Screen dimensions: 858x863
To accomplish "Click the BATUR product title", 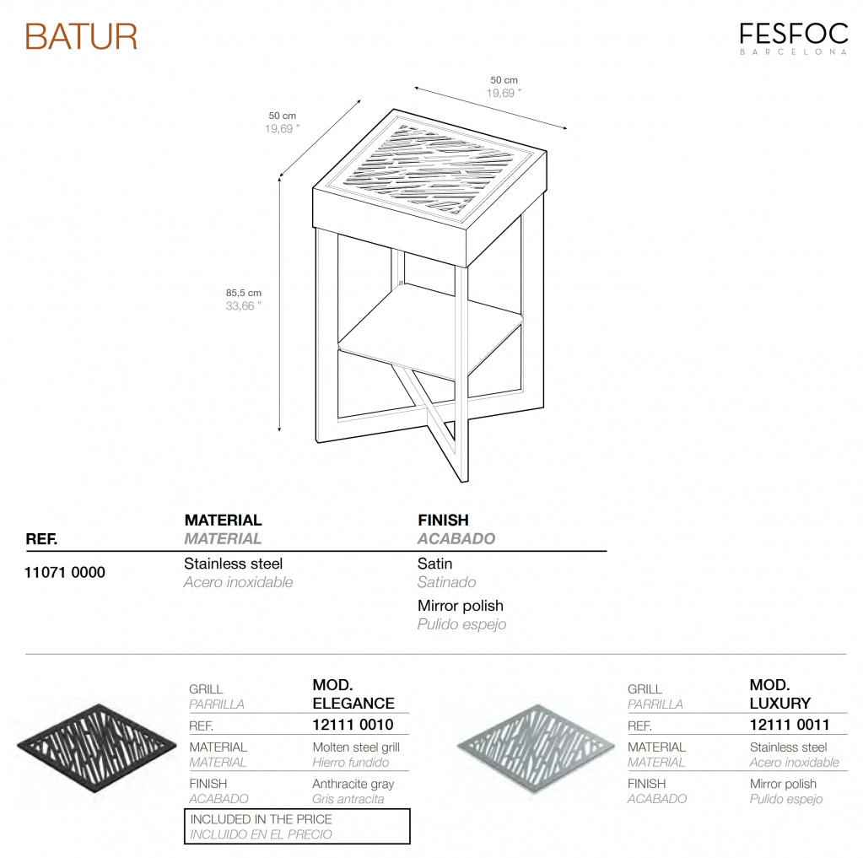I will pos(81,37).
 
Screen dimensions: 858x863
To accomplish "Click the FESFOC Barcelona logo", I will pos(793,38).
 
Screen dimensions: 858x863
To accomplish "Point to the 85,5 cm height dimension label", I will pos(243,293).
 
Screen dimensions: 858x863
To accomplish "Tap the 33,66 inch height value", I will pos(243,306).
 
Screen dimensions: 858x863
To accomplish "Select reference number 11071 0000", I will pos(65,573).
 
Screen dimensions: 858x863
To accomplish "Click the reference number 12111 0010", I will pos(353,725).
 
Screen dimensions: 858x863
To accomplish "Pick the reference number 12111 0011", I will pos(790,725).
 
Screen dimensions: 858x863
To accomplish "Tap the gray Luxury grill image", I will pos(535,743).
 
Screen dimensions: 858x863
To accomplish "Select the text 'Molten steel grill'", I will pos(356,747).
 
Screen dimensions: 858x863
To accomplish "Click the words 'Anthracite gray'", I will pos(353,785).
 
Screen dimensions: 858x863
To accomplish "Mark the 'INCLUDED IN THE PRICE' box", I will pos(297,826).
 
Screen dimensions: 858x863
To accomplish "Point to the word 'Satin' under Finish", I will pos(434,564).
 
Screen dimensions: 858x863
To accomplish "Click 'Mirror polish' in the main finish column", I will pos(460,606).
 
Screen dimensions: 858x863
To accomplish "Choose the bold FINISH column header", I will pos(443,521).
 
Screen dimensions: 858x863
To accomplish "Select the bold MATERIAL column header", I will pos(223,521).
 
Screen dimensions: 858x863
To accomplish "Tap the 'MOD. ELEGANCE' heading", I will pos(353,693).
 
